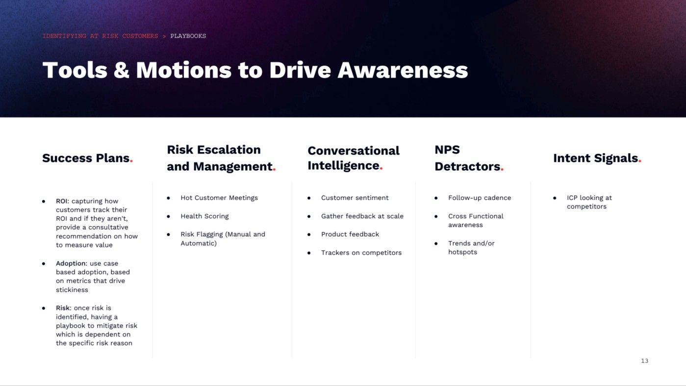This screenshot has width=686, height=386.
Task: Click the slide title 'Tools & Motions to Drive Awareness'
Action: pos(255,70)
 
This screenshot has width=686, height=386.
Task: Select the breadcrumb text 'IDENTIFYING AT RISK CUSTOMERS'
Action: pos(100,36)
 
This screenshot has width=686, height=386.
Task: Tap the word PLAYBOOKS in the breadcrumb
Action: pos(188,36)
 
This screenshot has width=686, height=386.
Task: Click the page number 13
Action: pos(644,361)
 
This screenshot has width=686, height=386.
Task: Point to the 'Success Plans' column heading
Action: pos(86,158)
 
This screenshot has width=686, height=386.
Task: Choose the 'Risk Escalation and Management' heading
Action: pos(220,158)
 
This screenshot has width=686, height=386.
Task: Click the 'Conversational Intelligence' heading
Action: pos(353,158)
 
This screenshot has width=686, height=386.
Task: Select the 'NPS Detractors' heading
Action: pos(468,158)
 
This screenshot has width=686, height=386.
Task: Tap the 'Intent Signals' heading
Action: pos(595,158)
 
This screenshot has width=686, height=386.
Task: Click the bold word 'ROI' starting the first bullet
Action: pos(62,201)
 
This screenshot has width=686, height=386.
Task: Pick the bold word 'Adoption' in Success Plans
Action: pos(71,263)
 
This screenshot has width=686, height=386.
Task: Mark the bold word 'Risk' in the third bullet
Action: pos(63,308)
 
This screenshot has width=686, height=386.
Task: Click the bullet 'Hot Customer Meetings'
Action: pos(219,198)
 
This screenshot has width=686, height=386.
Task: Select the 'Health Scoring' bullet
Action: pos(204,216)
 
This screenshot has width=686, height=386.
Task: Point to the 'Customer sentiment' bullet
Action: pos(355,198)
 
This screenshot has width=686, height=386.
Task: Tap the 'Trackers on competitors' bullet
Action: pos(361,253)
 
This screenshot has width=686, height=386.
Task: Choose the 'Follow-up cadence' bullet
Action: pos(479,198)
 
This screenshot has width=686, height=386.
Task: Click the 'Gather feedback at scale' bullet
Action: pos(362,216)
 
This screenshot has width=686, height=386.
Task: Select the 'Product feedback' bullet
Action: pos(350,234)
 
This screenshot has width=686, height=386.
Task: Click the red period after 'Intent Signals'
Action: pos(640,162)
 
